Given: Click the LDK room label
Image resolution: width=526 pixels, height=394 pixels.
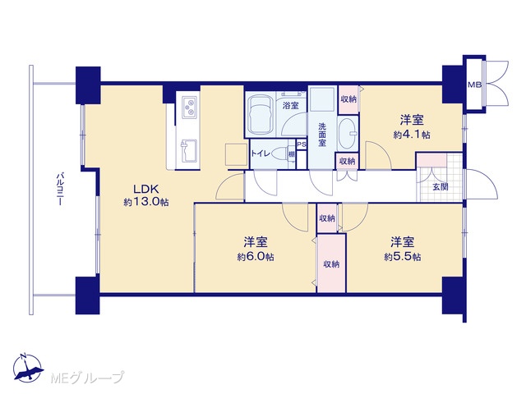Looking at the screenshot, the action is (146, 190).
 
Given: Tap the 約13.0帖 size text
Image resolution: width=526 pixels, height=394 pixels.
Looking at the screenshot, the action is (146, 203).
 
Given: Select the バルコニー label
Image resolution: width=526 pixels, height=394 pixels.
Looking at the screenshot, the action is (60, 190).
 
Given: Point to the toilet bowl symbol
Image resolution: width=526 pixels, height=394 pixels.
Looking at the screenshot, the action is (281, 154).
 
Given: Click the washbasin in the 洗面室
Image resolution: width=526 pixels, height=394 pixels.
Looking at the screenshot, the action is (347, 133).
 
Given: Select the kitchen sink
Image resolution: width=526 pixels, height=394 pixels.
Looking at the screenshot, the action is (188, 151).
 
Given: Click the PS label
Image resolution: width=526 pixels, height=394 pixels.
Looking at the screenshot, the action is (302, 144).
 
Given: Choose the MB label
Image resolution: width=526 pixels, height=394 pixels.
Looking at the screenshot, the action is (475, 85).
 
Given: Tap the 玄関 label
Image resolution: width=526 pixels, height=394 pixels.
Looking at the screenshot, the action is (440, 187).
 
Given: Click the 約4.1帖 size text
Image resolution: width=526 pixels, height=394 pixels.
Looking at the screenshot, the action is (412, 135).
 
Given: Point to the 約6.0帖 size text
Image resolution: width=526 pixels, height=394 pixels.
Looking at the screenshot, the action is (256, 257).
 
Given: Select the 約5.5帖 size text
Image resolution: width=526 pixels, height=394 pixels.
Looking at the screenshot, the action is (403, 257).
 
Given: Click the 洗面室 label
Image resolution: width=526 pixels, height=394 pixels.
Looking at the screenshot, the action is (322, 135).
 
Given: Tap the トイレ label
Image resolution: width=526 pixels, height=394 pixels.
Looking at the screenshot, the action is (261, 153).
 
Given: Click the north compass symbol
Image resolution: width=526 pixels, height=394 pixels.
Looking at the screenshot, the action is (28, 367).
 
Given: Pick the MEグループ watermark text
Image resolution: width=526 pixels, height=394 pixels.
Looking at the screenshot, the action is (88, 378).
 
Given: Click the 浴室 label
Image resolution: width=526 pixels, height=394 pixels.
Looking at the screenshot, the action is (290, 106).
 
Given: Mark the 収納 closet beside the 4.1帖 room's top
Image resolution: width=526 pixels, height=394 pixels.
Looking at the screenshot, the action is (348, 99).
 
